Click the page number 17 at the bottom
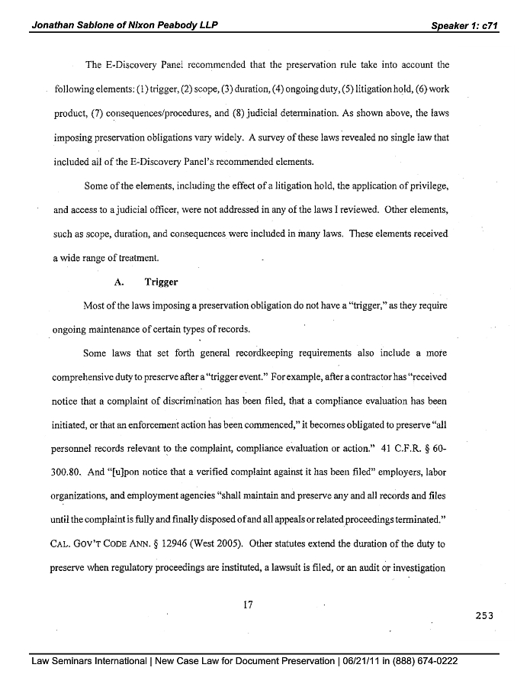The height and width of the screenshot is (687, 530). coord(247,605)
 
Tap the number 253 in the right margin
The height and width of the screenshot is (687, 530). coord(484,616)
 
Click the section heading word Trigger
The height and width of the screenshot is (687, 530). coord(161,282)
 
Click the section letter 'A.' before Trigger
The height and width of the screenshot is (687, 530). coord(119,282)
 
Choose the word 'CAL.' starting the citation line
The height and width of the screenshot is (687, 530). coord(63,547)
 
